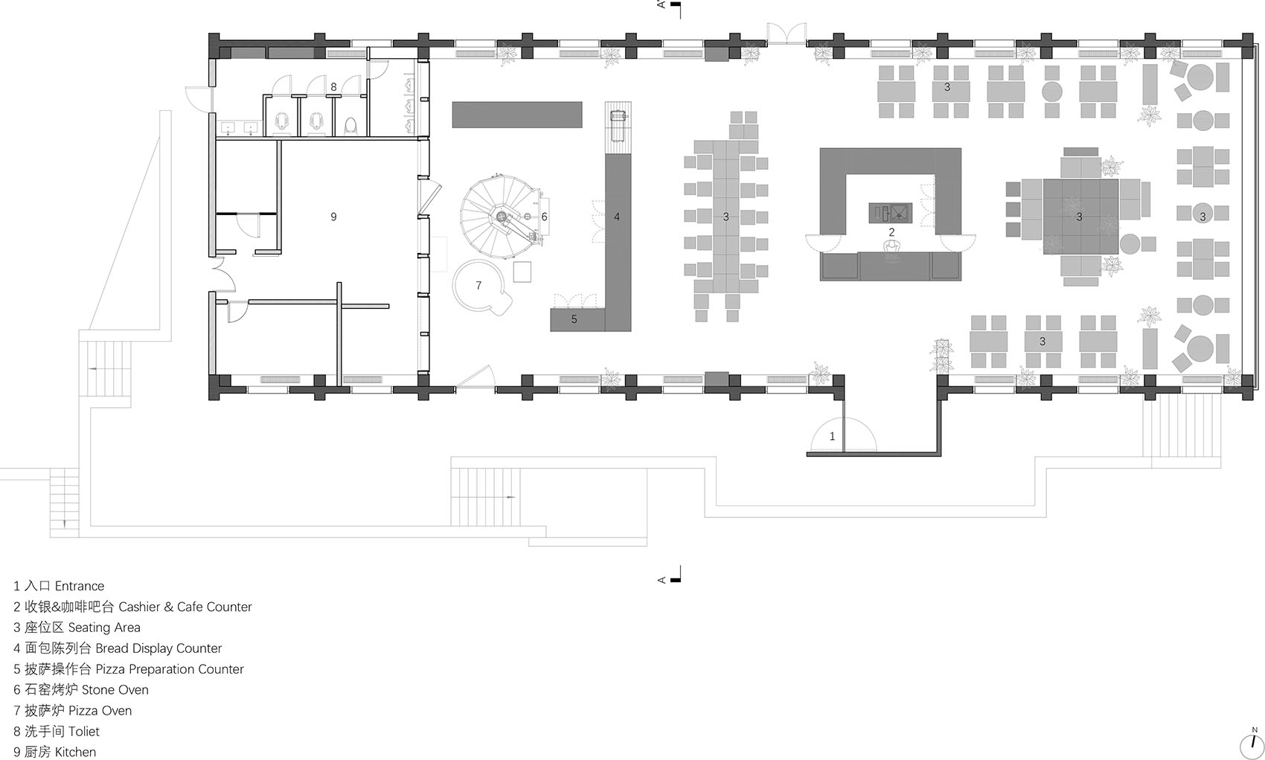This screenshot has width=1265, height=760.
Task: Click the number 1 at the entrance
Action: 832,436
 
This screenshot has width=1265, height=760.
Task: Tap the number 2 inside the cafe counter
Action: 891,232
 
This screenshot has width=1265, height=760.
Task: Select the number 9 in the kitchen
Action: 334,217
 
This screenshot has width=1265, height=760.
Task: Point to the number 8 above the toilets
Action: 334,87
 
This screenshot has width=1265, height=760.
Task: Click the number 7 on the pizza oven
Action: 478,285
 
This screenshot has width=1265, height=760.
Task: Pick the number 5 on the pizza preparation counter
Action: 574,319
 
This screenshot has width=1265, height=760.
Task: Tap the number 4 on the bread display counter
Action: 617,217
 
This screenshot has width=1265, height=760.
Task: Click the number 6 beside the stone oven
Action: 545,217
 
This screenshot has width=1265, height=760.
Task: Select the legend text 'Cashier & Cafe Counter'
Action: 185,607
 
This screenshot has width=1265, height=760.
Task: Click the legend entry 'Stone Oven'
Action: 115,690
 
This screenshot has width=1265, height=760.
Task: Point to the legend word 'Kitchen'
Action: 76,752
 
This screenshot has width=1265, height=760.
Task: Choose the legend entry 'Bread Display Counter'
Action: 158,648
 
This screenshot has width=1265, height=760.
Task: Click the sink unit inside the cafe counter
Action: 890,213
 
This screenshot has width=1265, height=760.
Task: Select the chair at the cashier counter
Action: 891,248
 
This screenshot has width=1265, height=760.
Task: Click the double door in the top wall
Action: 787,33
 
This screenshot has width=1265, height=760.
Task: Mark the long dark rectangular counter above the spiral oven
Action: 516,115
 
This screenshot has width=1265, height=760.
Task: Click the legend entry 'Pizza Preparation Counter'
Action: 170,669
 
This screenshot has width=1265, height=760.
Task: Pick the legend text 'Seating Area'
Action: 104,628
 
